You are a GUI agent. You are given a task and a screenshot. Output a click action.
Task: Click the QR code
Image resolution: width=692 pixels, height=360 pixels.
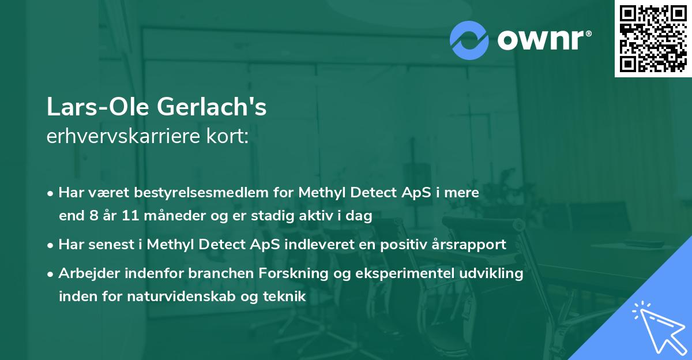(653, 39)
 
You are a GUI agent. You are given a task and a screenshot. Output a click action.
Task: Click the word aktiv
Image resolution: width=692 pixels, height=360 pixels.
(326, 216)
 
